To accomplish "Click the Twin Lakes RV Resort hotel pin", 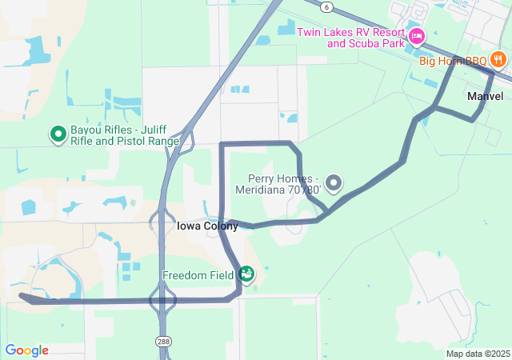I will click(x=416, y=37).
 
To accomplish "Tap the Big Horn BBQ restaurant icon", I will click(x=499, y=59).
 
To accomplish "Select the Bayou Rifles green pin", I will click(x=58, y=134).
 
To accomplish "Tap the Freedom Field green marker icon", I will click(x=246, y=274).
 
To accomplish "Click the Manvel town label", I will click(x=485, y=96).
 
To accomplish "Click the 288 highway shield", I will click(x=162, y=340).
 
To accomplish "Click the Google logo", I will click(x=27, y=350).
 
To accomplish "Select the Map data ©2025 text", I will click(x=478, y=354).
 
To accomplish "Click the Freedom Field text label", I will click(x=198, y=275).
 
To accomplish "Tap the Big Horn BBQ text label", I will click(x=454, y=60).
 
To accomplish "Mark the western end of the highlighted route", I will click(x=22, y=296).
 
